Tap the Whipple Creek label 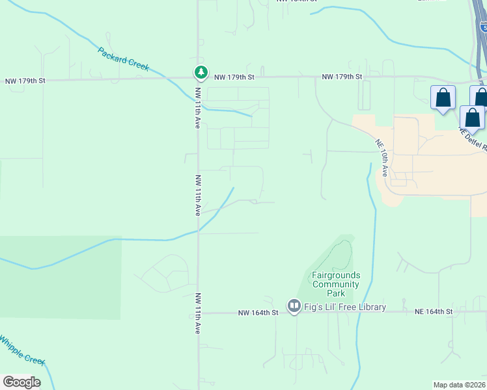click(22, 350)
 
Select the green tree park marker click(201, 72)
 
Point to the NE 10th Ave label click(382, 158)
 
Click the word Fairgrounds click(336, 276)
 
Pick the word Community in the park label click(336, 284)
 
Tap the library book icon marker click(294, 305)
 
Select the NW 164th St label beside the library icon click(258, 313)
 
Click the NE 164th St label click(434, 313)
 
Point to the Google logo click(21, 382)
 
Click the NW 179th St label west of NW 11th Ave click(25, 81)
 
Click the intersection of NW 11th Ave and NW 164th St click(199, 313)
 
